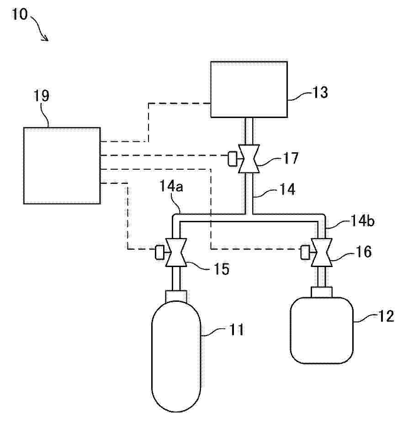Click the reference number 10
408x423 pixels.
20,14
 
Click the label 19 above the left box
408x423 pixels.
41,96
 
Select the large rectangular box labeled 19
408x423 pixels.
62,166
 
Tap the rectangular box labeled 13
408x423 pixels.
249,89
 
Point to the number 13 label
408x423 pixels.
320,92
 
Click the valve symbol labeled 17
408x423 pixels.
249,159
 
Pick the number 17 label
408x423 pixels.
291,158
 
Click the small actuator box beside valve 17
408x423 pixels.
232,159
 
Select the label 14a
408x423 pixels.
171,186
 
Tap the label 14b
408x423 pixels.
363,221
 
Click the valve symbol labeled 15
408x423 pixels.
176,252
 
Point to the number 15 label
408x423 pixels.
222,269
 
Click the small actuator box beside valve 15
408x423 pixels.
159,252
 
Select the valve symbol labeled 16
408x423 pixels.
322,252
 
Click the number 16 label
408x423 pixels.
364,252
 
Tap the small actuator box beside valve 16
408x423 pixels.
305,252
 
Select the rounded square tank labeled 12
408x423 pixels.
322,331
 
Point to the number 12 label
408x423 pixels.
387,316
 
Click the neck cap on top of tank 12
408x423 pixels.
322,292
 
